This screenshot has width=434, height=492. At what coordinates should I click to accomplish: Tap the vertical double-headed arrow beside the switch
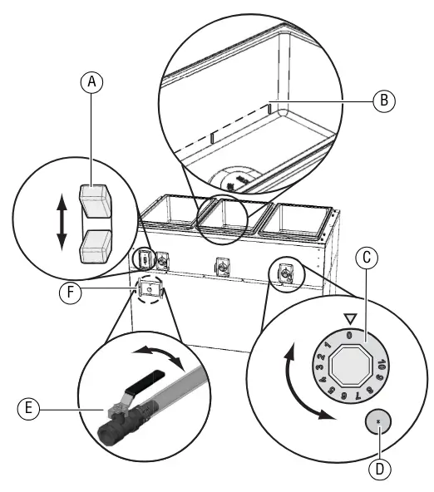(61, 223)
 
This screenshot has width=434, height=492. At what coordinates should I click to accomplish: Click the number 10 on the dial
(379, 363)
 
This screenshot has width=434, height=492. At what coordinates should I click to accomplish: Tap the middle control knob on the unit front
(221, 268)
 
